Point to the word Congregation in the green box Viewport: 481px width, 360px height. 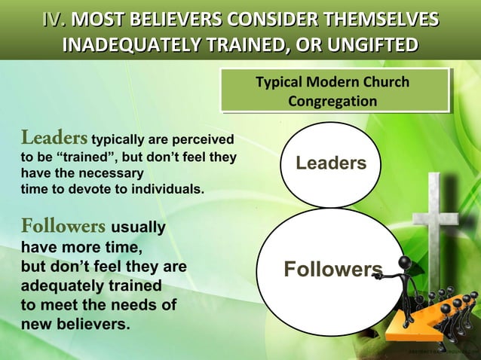pyautogui.click(x=332, y=100)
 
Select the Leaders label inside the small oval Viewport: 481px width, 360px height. pyautogui.click(x=331, y=163)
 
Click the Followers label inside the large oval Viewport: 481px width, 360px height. pyautogui.click(x=332, y=270)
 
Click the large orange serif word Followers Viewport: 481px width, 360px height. pyautogui.click(x=63, y=226)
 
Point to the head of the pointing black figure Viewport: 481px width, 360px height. pyautogui.click(x=404, y=264)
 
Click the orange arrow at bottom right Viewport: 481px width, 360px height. pyautogui.click(x=407, y=331)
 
